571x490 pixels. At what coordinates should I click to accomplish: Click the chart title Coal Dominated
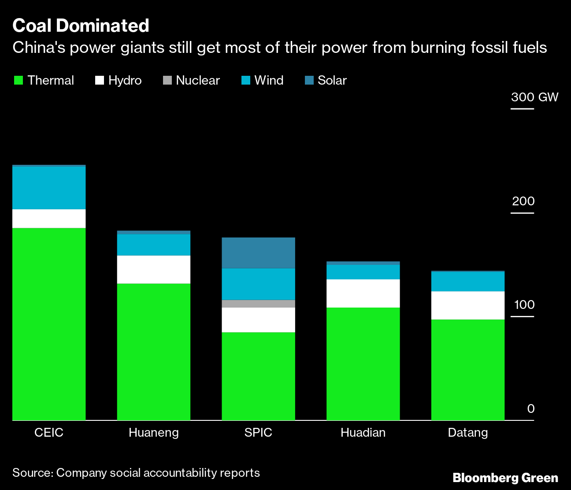tap(81, 26)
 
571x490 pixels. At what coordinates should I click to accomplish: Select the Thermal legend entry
tap(44, 80)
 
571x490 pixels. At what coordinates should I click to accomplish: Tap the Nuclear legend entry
tap(192, 80)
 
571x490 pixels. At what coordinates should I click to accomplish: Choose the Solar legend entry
tap(326, 80)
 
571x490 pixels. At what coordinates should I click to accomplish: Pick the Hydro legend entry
tap(119, 80)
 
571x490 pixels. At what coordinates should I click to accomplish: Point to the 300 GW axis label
tap(534, 97)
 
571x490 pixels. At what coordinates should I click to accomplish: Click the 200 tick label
tap(523, 201)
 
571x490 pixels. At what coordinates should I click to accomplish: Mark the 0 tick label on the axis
tap(530, 408)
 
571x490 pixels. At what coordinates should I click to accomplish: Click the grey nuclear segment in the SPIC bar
tap(258, 304)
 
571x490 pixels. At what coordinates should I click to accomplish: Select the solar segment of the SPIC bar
tap(258, 253)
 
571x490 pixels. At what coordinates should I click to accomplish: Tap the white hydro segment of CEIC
tap(49, 219)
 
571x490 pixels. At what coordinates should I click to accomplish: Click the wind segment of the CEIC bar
tap(49, 188)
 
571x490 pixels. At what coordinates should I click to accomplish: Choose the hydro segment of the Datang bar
tap(468, 305)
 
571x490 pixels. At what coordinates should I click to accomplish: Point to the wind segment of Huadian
tap(363, 272)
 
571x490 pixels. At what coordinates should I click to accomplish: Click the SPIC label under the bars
tap(258, 432)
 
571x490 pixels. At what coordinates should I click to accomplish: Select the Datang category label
tap(468, 432)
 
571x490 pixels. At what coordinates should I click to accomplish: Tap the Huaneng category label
tap(153, 432)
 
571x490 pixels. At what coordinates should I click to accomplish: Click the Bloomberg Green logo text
tap(505, 478)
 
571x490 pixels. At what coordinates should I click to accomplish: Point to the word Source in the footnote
tap(32, 473)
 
